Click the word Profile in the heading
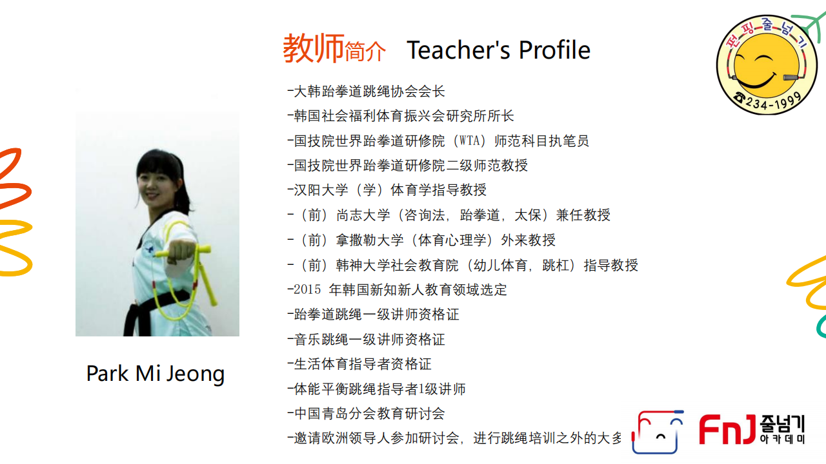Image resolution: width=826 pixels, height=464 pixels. pos(554,50)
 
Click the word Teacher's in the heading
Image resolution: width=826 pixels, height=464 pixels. pos(458,50)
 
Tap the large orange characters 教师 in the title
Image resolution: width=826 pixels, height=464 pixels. pos(314,48)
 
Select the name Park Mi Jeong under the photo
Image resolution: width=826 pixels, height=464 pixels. pos(156,374)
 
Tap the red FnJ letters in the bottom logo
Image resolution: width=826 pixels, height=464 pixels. pos(727,429)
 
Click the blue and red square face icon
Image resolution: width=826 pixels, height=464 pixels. pos(658,431)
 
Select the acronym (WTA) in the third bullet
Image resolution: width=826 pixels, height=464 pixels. pos(469,140)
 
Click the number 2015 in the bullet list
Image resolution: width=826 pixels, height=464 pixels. pos(307,289)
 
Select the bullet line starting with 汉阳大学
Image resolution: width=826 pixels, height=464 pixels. pos(387,190)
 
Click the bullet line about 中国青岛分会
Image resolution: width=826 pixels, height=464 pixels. pos(366,414)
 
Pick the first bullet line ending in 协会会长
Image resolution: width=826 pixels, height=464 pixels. pos(366,92)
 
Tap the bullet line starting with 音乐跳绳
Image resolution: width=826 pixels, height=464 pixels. pos(366,339)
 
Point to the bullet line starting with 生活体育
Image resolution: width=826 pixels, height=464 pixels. pos(359,364)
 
